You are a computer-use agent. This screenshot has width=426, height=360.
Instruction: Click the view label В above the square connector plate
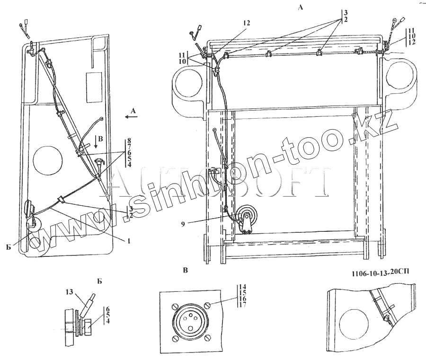(x=186, y=271)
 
